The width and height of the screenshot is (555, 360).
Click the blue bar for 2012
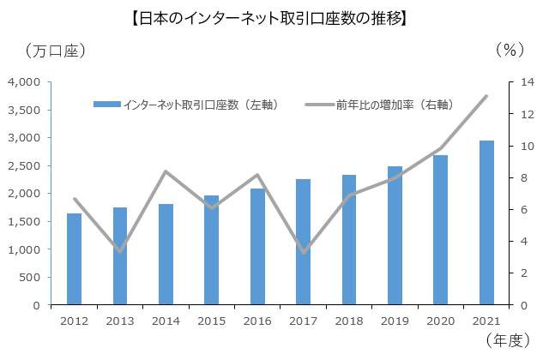pos(74,259)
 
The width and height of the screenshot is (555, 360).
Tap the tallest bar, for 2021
pos(486,223)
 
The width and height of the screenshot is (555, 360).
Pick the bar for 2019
pos(395,236)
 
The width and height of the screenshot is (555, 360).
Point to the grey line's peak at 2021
pos(486,96)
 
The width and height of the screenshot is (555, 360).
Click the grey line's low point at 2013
pos(120,251)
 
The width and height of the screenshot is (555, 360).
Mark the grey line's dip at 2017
pos(303,253)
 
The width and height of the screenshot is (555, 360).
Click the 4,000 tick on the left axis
pos(24,82)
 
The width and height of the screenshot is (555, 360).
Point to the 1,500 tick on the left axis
pos(24,222)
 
